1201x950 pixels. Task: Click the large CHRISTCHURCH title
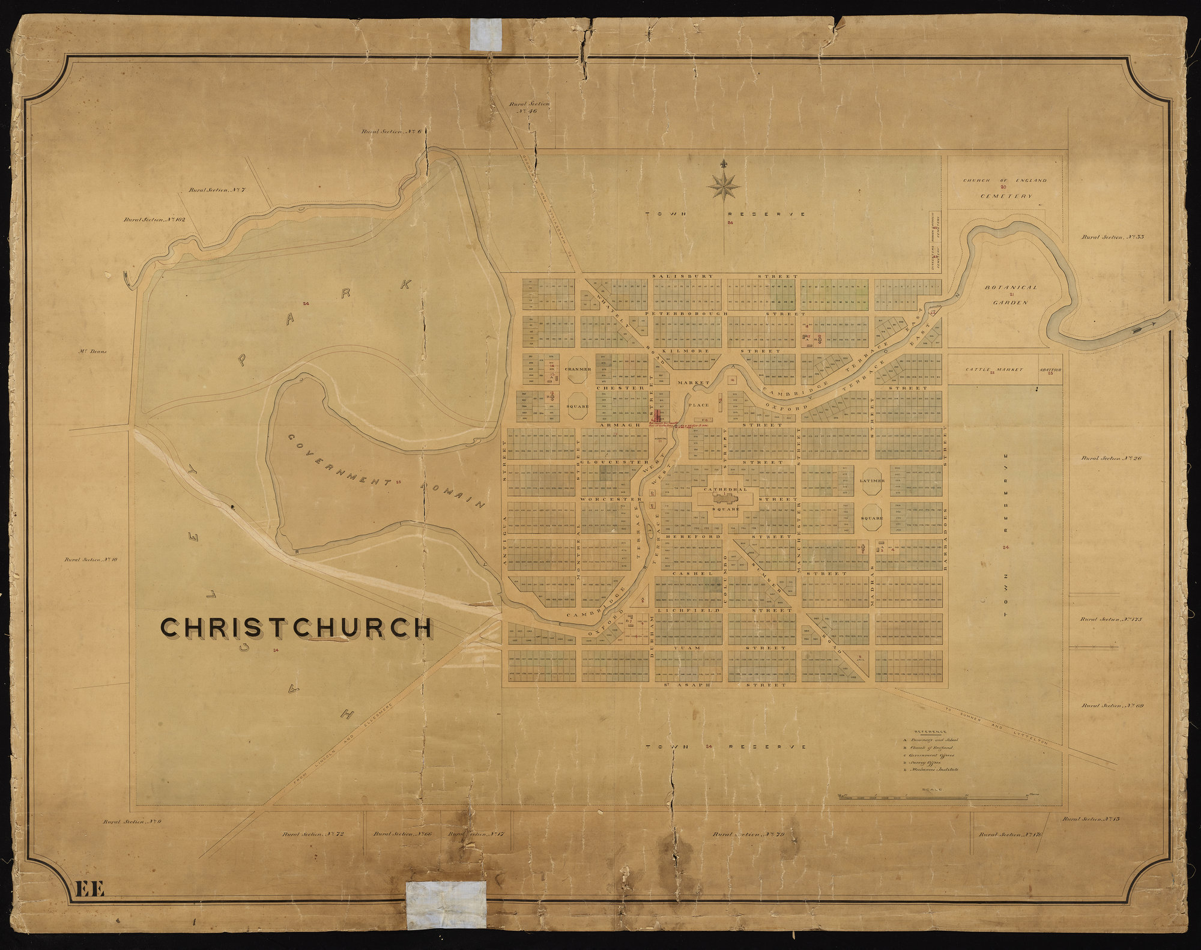tap(296, 628)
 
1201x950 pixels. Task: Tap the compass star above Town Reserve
tap(724, 184)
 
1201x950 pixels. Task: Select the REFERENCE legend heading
tap(930, 731)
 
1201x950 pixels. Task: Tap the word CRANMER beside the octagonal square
tap(578, 369)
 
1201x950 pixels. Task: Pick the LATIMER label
tap(872, 481)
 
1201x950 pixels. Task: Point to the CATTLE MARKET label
tap(994, 369)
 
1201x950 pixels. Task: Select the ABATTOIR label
tap(1050, 370)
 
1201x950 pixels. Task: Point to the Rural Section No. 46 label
tap(529, 107)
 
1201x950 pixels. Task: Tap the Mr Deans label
tap(92, 351)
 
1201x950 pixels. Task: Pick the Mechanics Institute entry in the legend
tap(934, 769)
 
